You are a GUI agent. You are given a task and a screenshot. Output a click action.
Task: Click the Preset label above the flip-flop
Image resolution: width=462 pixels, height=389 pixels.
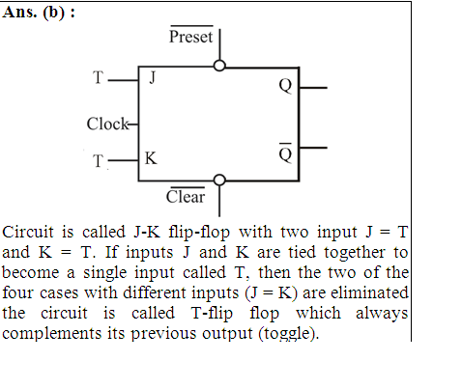click(191, 35)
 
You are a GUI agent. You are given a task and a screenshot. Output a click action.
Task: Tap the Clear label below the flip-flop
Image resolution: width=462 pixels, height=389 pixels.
click(186, 195)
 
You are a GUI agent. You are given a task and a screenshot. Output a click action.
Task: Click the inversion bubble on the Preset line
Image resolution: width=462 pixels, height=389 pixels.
click(219, 66)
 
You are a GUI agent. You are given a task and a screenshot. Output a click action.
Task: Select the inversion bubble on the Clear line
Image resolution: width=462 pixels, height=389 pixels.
click(219, 180)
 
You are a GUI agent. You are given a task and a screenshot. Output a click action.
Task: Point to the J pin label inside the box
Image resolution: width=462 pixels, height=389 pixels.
click(153, 77)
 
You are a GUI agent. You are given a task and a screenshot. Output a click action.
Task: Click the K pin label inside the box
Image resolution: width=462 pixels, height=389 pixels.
click(151, 158)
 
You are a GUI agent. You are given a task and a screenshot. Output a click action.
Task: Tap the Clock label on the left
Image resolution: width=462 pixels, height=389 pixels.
click(107, 124)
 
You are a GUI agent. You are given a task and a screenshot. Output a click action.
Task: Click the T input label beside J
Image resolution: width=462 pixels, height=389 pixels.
click(99, 77)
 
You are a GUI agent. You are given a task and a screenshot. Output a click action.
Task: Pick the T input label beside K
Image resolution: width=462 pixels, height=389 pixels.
click(99, 161)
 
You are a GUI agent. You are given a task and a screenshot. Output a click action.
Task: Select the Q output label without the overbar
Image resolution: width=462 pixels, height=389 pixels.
click(285, 86)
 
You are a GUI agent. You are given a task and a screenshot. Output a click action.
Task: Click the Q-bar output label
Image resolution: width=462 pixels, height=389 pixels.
click(285, 153)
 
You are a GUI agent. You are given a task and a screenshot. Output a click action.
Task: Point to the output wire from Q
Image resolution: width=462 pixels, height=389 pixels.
click(313, 87)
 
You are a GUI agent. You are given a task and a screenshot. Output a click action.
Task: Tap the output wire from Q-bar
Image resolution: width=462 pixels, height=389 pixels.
click(313, 148)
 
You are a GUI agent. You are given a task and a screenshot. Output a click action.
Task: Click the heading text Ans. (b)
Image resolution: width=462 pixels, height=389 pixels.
click(39, 13)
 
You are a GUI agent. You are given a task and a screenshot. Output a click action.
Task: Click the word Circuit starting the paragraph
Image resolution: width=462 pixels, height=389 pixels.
click(28, 232)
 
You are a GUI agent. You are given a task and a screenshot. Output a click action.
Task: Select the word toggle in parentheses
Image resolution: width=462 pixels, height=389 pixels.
click(288, 334)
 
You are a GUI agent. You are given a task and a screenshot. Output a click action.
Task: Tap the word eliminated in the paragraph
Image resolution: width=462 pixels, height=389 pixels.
click(369, 292)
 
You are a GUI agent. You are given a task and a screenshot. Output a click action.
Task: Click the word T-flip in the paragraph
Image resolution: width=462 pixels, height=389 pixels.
click(212, 314)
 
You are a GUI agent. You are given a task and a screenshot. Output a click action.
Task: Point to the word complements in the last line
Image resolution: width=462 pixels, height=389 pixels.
click(52, 334)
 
